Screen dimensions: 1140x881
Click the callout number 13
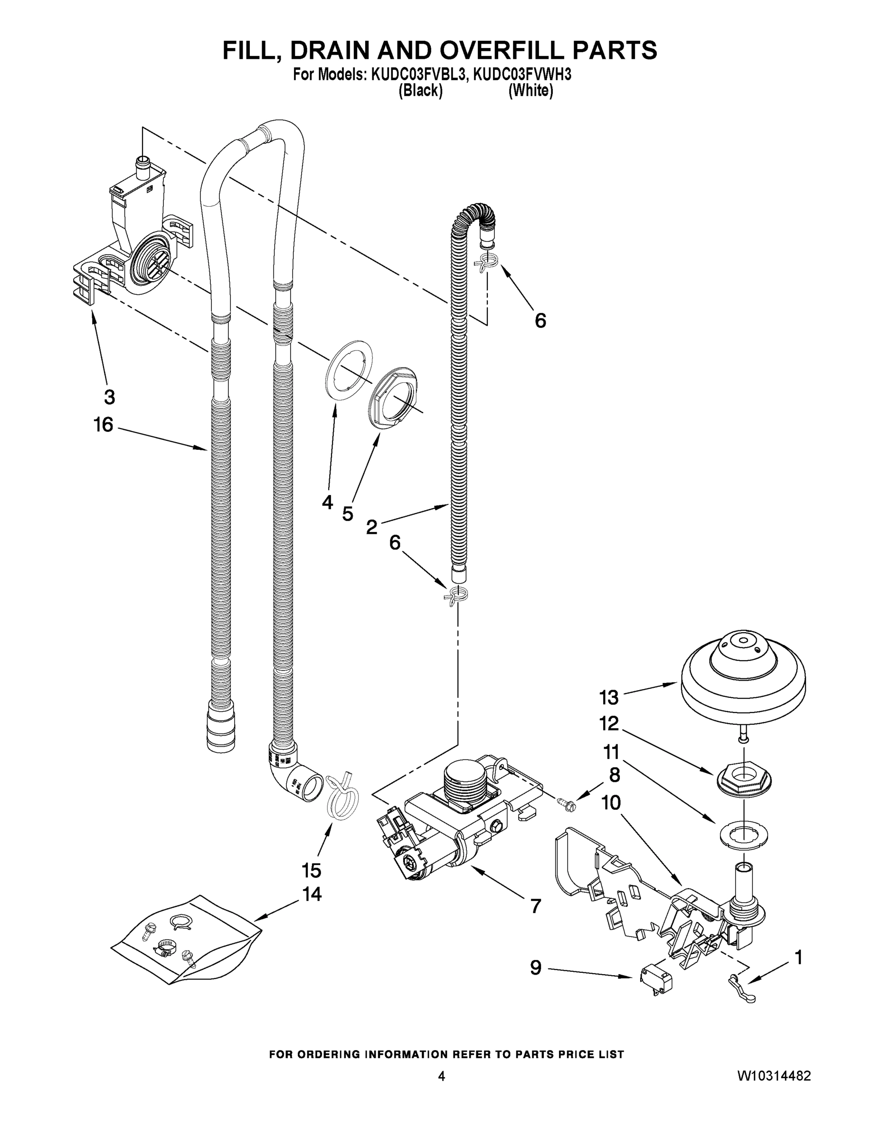tap(609, 697)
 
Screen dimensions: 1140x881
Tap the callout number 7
tap(536, 906)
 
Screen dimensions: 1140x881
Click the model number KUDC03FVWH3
tap(522, 75)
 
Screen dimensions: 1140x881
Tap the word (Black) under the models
tap(420, 91)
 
